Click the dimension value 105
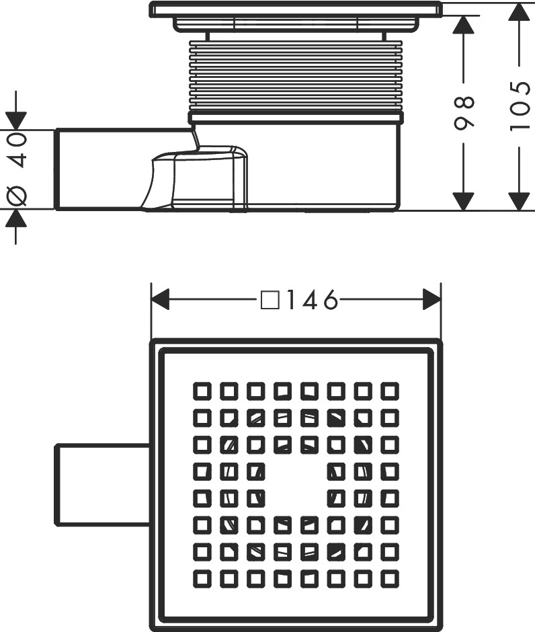(520, 106)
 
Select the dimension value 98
(464, 113)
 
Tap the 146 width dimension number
(311, 299)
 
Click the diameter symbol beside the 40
(17, 196)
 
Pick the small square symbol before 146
(270, 300)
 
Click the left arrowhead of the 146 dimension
(160, 299)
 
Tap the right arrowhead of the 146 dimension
(432, 299)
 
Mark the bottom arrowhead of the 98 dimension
(463, 201)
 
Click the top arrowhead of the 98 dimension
(463, 25)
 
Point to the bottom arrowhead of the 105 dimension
(518, 201)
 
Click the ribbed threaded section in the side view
(296, 75)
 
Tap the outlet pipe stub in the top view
(102, 485)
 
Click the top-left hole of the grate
(202, 391)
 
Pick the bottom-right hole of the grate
(390, 579)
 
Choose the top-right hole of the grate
(390, 391)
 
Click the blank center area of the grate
(296, 485)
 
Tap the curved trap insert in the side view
(198, 178)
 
